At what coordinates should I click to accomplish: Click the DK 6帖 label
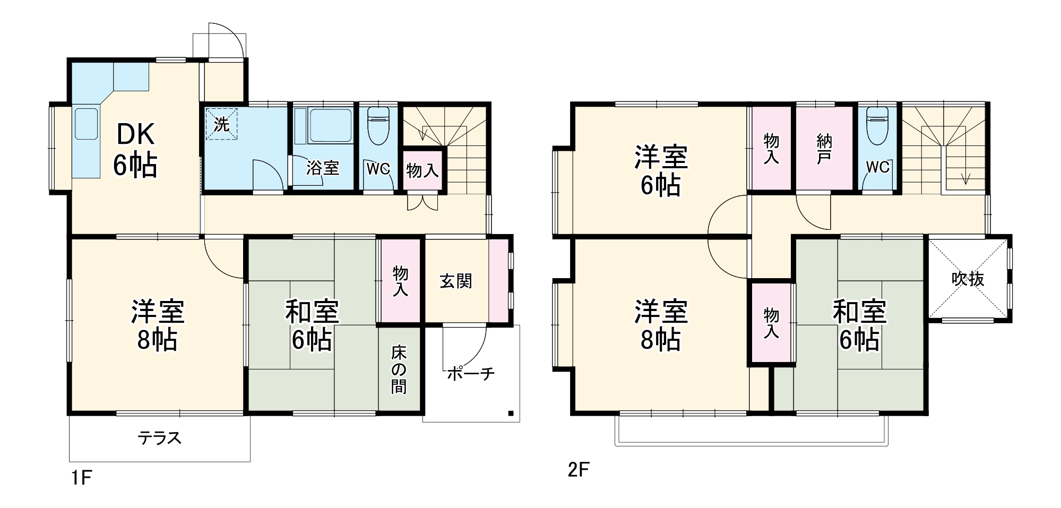tap(135, 150)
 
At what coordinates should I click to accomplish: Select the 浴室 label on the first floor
tap(323, 168)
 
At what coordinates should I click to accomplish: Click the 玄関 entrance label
tap(456, 281)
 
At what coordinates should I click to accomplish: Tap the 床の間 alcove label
tap(399, 369)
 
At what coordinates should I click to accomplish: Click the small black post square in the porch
tap(511, 413)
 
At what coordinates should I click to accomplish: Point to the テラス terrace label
tap(160, 438)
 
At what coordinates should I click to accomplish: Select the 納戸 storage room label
tap(824, 149)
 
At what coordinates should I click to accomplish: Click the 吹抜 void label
tap(968, 279)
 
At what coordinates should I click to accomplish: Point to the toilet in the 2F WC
tap(877, 127)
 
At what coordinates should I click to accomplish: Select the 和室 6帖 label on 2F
tap(859, 325)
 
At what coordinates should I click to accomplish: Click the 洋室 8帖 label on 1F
tap(158, 325)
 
